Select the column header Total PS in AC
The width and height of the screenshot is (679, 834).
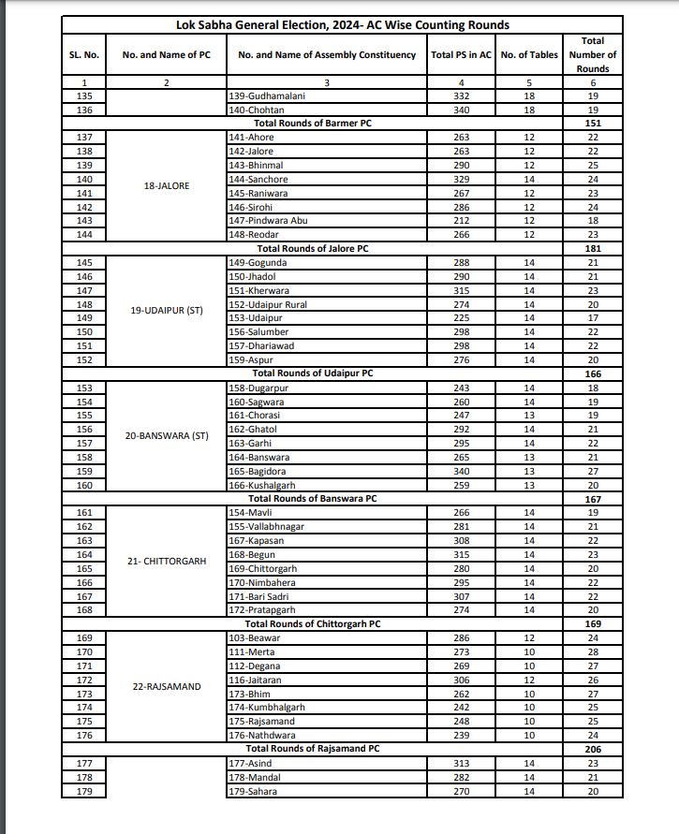tap(461, 55)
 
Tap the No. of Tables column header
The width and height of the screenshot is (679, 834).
tap(529, 55)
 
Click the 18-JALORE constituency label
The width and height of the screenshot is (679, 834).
tap(167, 185)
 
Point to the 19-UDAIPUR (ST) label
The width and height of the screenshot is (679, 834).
tap(167, 310)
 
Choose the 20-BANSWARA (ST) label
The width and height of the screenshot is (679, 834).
tap(167, 435)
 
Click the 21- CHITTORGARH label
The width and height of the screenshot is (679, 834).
tap(167, 561)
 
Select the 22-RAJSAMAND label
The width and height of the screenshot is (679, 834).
tap(167, 686)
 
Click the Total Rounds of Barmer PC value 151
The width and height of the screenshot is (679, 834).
tap(592, 124)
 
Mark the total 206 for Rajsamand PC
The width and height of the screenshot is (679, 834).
tap(592, 749)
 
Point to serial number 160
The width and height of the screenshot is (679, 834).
tap(84, 484)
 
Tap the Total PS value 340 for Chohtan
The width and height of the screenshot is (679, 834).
tap(461, 110)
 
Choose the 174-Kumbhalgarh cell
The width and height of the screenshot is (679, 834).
tap(267, 707)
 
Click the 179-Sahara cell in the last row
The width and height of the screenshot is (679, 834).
tap(257, 790)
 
